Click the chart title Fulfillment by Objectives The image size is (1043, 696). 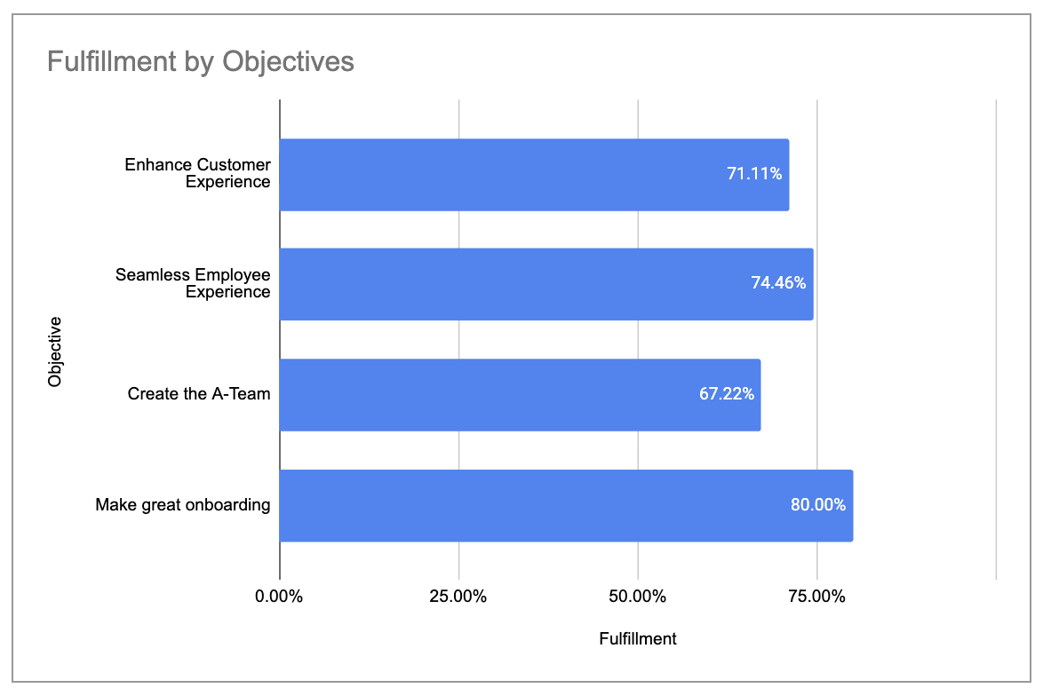tap(200, 61)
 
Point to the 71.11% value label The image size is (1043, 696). tap(754, 174)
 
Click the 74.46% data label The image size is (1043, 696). tap(778, 284)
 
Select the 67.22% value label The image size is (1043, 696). tap(727, 394)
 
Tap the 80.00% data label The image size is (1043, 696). tap(818, 505)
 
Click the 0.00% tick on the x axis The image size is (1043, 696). tap(279, 597)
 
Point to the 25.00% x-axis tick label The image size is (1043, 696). tap(458, 597)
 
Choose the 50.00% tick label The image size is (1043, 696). tap(638, 597)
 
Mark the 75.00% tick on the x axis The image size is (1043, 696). tap(816, 597)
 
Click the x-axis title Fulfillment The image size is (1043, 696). tap(638, 639)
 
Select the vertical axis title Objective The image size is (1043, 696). tap(56, 351)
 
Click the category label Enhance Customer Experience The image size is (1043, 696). tap(197, 174)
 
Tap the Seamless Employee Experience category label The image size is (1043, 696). tap(193, 283)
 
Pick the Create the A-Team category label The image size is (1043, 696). tap(198, 394)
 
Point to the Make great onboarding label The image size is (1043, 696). tap(182, 505)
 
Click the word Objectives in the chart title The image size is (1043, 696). tap(288, 61)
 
